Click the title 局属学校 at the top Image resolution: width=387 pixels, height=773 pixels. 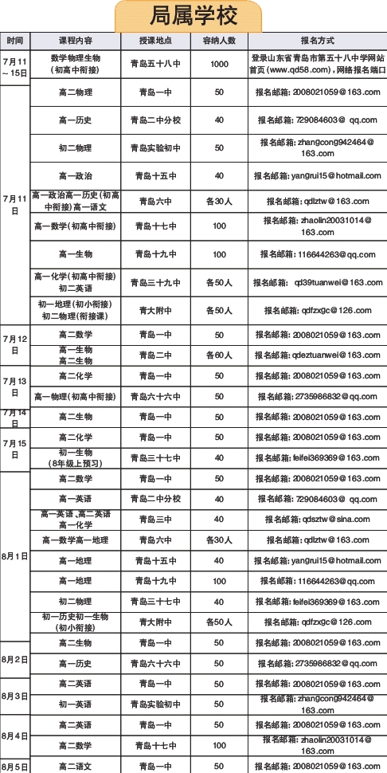(x=193, y=16)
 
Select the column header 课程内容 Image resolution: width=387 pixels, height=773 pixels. (x=76, y=40)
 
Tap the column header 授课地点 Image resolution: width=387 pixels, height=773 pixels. (x=155, y=40)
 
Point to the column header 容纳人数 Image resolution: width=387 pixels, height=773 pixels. (x=219, y=40)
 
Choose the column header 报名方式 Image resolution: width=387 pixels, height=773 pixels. (x=317, y=40)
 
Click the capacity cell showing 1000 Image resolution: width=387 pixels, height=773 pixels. (x=219, y=64)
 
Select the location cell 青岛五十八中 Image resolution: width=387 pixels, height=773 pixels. (x=155, y=64)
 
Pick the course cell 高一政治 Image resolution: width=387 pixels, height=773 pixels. (x=76, y=176)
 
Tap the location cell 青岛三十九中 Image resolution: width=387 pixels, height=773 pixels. (x=155, y=282)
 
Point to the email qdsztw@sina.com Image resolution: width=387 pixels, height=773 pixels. (x=317, y=519)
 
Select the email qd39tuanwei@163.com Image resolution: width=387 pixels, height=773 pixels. (x=317, y=282)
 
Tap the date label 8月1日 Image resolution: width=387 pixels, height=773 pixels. (x=15, y=555)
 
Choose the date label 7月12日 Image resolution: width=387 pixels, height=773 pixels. (x=15, y=344)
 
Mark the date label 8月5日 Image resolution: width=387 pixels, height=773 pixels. (x=15, y=766)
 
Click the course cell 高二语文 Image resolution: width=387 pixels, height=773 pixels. (x=76, y=766)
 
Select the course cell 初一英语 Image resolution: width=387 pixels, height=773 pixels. (x=76, y=704)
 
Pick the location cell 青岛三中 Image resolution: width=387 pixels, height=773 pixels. (x=155, y=519)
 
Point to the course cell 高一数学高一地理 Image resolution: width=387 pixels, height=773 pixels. (x=76, y=540)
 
